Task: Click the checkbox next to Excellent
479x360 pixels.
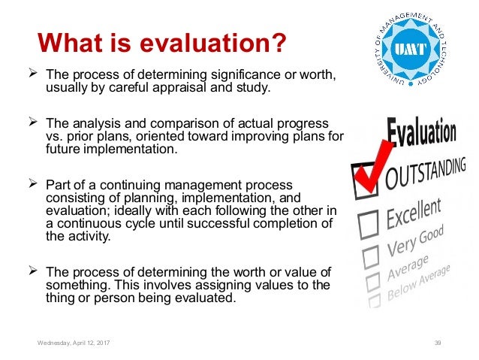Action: [x=369, y=222]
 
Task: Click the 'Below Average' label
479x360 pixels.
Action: [x=423, y=284]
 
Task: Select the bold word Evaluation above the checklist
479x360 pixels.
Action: [x=422, y=135]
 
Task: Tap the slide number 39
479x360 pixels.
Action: [x=438, y=343]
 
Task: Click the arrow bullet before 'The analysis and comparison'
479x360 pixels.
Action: [x=32, y=122]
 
